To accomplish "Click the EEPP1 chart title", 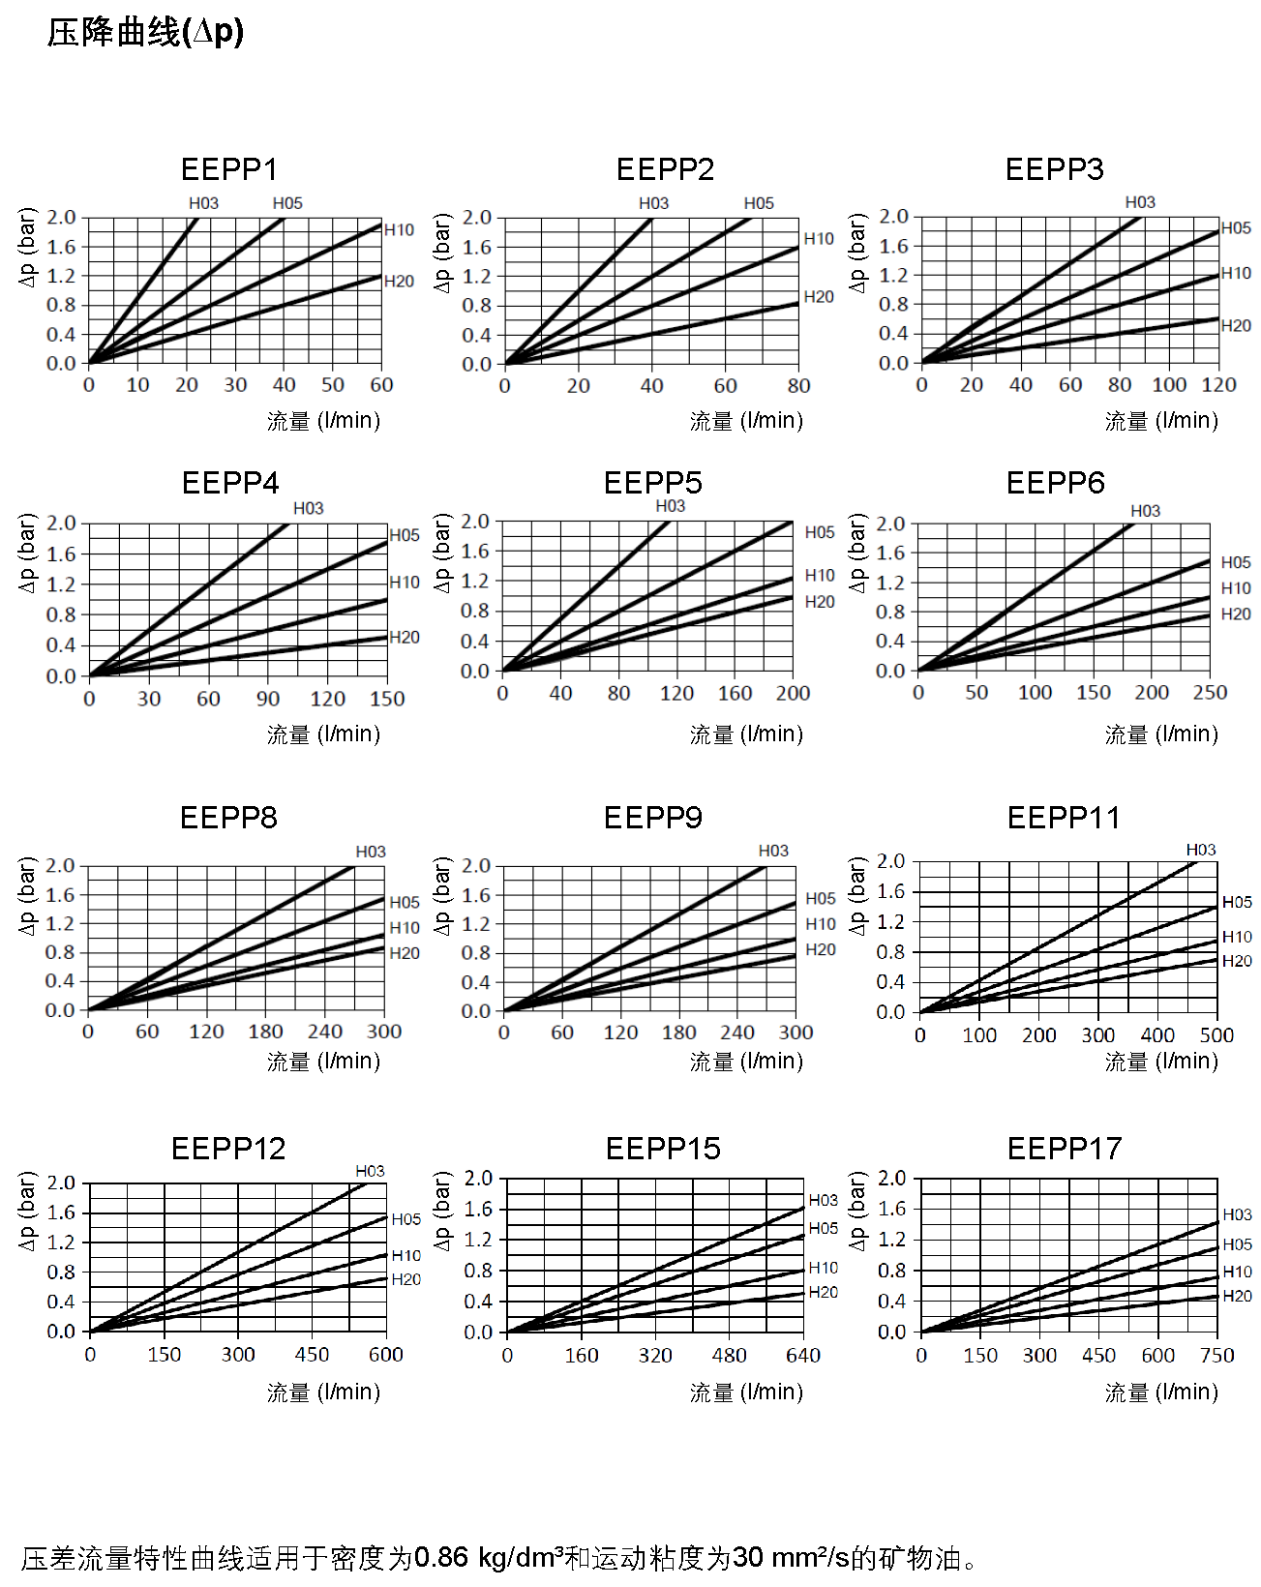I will [x=229, y=169].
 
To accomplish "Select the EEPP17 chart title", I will [x=1064, y=1149].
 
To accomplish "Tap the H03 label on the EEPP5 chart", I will [x=670, y=506].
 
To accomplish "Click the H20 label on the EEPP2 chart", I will [x=819, y=297].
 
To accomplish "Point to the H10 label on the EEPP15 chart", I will [x=824, y=1268].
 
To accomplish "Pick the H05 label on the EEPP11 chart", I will [x=1237, y=902].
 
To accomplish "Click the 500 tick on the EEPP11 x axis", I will [x=1216, y=1035].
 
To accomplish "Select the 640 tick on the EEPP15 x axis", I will [x=803, y=1356].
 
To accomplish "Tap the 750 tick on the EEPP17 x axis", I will [x=1216, y=1356].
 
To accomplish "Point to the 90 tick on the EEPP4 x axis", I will [x=268, y=699].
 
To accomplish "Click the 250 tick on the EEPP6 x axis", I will [x=1210, y=693].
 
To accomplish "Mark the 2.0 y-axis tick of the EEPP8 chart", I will [x=60, y=865].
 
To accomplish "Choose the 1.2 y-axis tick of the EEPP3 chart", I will [x=893, y=275].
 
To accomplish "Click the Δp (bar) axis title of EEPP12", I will [x=27, y=1211].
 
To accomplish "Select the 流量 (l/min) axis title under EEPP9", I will [x=746, y=1062].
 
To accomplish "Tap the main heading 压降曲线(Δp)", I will [x=145, y=33].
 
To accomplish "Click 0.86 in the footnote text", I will [x=440, y=1558].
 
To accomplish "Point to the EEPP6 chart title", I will [x=1055, y=483].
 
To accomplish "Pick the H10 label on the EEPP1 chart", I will [x=399, y=230].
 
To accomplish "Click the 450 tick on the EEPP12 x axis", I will [x=312, y=1355].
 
